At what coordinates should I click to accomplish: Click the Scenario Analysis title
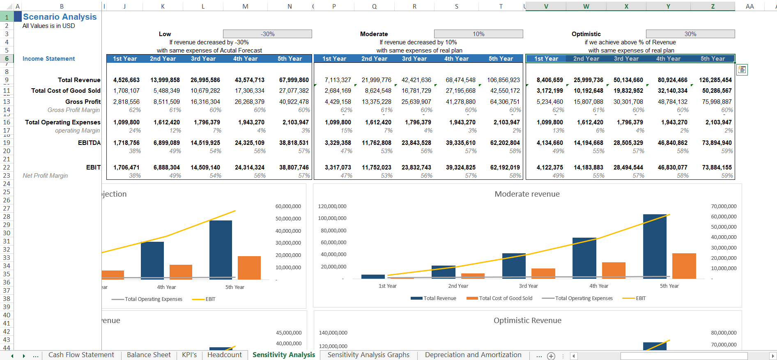pos(60,17)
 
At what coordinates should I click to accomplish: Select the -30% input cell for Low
pos(267,34)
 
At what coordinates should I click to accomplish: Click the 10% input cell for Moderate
pos(478,34)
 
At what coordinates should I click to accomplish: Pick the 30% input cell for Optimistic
pos(690,34)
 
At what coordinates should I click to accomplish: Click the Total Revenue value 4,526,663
pos(126,80)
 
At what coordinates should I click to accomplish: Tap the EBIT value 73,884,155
pos(717,167)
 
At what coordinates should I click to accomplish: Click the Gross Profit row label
pos(83,102)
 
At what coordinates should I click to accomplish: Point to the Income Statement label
pos(48,59)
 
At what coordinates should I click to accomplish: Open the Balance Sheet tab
pos(149,355)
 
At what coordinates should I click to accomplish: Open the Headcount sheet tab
pos(224,355)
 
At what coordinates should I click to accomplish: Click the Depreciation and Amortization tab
pos(473,355)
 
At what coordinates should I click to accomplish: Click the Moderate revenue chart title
pos(527,194)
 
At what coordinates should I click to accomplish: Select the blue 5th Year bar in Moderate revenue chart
pos(655,246)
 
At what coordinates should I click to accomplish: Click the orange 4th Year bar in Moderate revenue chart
pos(614,270)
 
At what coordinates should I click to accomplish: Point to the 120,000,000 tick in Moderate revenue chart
pos(332,206)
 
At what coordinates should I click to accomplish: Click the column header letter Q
pos(374,7)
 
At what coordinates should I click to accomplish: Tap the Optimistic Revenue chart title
pos(527,321)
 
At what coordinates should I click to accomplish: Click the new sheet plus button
pos(551,356)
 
